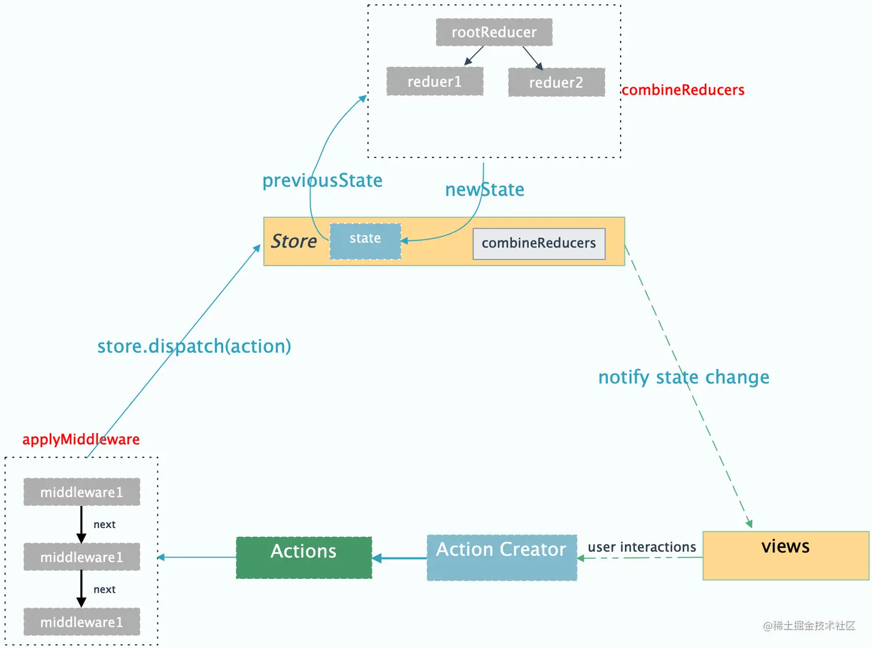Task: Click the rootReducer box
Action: point(494,32)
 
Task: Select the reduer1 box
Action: point(434,81)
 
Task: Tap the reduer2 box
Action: point(556,82)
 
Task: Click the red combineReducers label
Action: point(683,90)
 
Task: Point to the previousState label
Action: point(322,180)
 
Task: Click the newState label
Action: point(484,190)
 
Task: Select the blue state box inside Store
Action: point(365,242)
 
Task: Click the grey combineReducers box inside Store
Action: point(539,244)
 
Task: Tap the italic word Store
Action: point(294,241)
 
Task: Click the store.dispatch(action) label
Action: point(194,346)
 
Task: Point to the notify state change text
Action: point(683,377)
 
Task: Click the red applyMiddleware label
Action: point(81,439)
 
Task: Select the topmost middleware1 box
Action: point(81,492)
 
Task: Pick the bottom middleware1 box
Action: point(81,622)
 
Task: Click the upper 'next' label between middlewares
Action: point(104,525)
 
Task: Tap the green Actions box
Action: point(304,557)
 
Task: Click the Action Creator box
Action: point(501,557)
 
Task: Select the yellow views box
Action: point(785,555)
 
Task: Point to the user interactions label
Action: point(641,547)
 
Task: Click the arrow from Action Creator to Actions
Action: point(400,558)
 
